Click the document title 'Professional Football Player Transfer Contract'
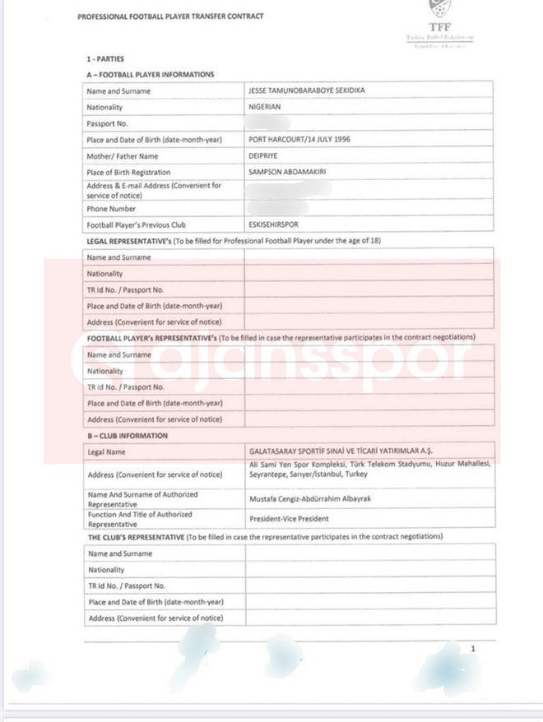[170, 16]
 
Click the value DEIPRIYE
[267, 156]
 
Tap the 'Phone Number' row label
[111, 209]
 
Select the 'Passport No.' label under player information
[108, 123]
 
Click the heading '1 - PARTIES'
[107, 60]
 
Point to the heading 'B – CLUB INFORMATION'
[127, 436]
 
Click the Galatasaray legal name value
[341, 451]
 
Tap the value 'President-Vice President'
[289, 519]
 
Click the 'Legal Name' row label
[107, 452]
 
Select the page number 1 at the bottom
[473, 650]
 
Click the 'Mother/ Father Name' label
[122, 156]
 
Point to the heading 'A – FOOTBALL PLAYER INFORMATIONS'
[150, 75]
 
